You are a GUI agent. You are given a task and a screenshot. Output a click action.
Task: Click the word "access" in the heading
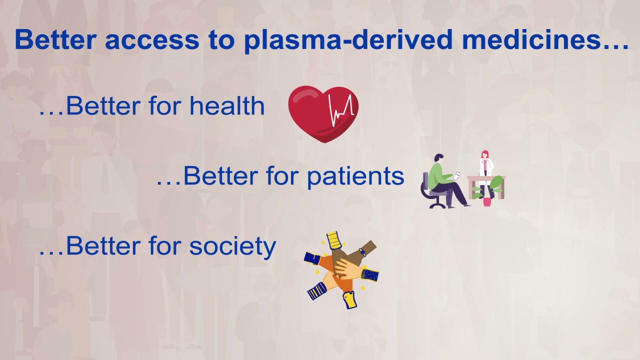coord(152,39)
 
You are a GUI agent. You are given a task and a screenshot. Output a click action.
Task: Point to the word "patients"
coord(355,176)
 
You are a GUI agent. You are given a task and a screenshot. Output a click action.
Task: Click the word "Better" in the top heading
coord(55,39)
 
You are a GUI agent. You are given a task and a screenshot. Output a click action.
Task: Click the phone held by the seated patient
coord(456,175)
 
